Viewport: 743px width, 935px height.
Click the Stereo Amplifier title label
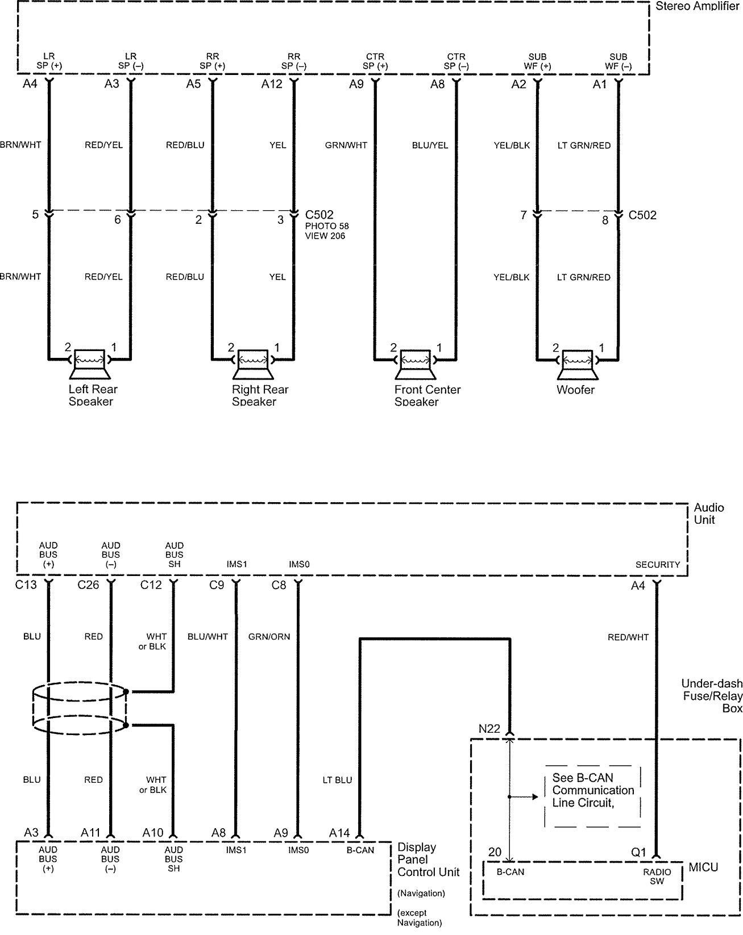click(x=697, y=6)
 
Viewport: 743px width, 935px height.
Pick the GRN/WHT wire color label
click(x=346, y=145)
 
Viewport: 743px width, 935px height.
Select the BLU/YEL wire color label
click(x=430, y=145)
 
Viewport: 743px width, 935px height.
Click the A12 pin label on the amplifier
click(x=271, y=85)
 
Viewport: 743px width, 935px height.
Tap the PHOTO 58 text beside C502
click(x=327, y=226)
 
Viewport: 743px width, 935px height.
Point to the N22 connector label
click(x=489, y=729)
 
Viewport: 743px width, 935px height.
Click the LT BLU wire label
click(x=337, y=780)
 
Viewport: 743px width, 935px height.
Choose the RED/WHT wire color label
click(x=628, y=637)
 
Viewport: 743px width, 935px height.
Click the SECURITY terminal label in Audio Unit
click(x=657, y=565)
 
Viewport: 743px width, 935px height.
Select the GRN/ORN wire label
click(x=269, y=637)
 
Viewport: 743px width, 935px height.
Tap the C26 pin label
click(x=88, y=585)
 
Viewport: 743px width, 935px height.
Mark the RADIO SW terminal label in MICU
click(x=657, y=876)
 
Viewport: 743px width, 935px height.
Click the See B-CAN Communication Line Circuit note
click(x=592, y=790)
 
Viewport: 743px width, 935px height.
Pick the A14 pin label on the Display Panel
click(x=339, y=833)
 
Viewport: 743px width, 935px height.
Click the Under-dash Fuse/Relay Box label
click(x=712, y=695)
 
